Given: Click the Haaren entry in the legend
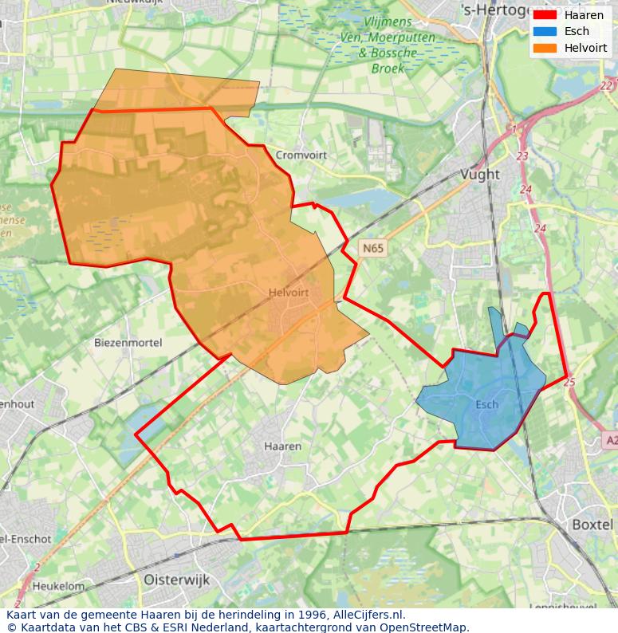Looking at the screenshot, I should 584,14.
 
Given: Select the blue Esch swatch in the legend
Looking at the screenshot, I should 545,31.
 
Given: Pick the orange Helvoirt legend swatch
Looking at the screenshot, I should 545,48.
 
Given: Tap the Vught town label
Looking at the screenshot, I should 480,174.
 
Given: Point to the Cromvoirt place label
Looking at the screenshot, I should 301,155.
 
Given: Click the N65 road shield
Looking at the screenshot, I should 372,248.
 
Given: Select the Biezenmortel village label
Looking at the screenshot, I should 128,342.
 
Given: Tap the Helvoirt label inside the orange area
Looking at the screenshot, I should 289,293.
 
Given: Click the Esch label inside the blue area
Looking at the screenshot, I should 486,404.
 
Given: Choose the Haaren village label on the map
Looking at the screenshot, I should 282,446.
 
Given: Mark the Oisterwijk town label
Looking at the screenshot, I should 176,580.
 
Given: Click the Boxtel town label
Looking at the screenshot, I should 592,525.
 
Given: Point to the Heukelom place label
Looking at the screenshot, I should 58,586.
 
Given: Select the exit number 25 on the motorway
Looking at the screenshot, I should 569,383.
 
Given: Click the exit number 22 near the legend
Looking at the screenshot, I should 606,86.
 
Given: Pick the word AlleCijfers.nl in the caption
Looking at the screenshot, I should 368,615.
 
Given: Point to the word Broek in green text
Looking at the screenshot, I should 388,69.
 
